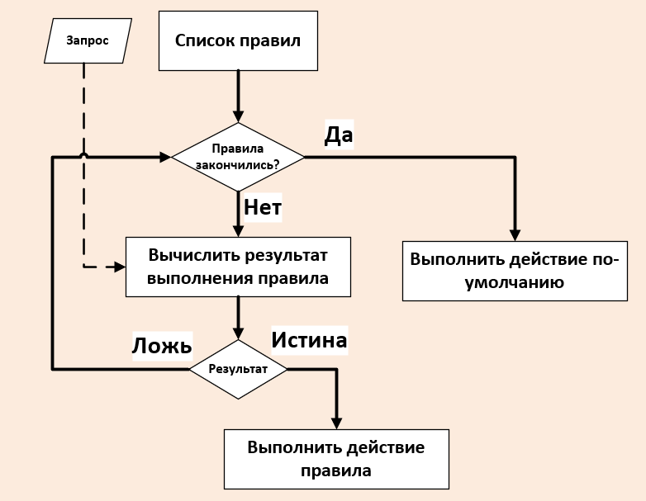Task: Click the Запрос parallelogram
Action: click(88, 41)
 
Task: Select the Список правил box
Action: click(238, 40)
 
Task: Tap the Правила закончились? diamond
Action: click(238, 157)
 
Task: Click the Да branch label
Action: click(339, 135)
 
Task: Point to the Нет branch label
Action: click(263, 208)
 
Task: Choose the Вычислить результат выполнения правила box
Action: click(238, 267)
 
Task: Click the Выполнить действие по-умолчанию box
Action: click(515, 271)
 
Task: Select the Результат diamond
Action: click(238, 369)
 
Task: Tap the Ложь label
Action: click(162, 345)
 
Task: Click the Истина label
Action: click(309, 339)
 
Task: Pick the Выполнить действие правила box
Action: click(336, 459)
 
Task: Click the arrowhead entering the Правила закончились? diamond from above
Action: click(238, 116)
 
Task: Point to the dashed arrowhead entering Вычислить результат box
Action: click(119, 267)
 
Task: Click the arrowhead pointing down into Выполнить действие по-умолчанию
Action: click(515, 234)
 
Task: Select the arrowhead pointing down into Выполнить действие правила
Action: click(336, 423)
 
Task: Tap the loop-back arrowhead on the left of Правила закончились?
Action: click(164, 156)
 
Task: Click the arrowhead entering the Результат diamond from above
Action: click(238, 333)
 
